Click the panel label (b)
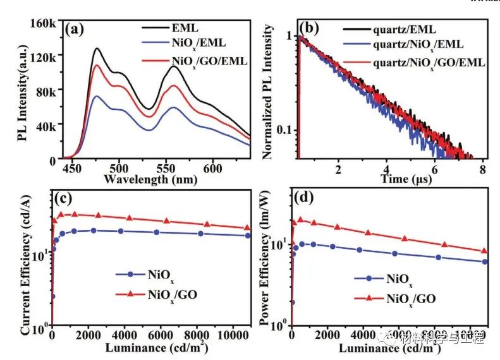[x=314, y=28]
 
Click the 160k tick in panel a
[x=44, y=23]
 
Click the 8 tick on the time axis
[x=482, y=169]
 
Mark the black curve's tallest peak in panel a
[x=97, y=48]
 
